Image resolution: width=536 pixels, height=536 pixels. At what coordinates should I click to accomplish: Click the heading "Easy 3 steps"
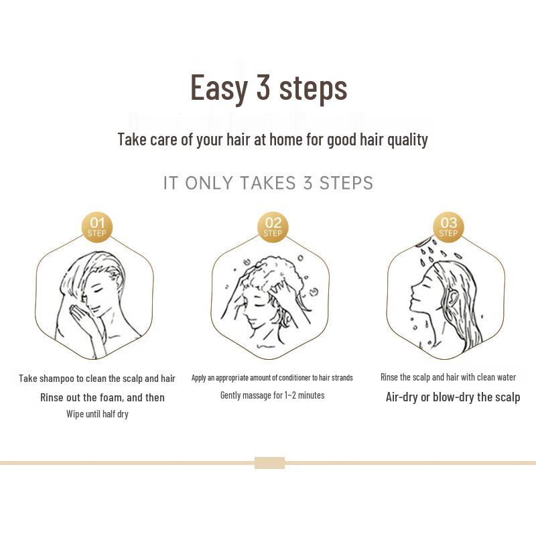[269, 88]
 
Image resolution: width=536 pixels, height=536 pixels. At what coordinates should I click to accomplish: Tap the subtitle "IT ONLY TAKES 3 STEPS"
[268, 183]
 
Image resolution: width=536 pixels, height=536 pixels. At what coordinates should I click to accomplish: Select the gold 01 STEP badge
[97, 226]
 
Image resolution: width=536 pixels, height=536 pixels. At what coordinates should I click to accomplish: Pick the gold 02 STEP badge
[273, 226]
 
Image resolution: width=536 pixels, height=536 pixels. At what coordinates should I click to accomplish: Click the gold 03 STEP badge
[448, 226]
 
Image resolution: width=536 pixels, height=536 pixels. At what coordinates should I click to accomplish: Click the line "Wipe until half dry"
[97, 414]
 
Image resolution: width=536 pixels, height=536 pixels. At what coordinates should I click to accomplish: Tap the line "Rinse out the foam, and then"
[103, 397]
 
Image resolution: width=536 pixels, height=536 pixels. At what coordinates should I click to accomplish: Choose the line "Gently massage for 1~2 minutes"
[272, 395]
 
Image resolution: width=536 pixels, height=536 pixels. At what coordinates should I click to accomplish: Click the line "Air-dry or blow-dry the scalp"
[453, 397]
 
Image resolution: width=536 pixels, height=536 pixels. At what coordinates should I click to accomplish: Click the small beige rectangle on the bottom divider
[269, 462]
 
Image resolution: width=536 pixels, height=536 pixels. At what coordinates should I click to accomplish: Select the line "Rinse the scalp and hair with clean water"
[448, 377]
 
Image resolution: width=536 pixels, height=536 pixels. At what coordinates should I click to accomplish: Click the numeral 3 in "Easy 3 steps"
[263, 88]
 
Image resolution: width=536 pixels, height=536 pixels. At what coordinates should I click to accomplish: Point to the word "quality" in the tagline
[408, 139]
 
